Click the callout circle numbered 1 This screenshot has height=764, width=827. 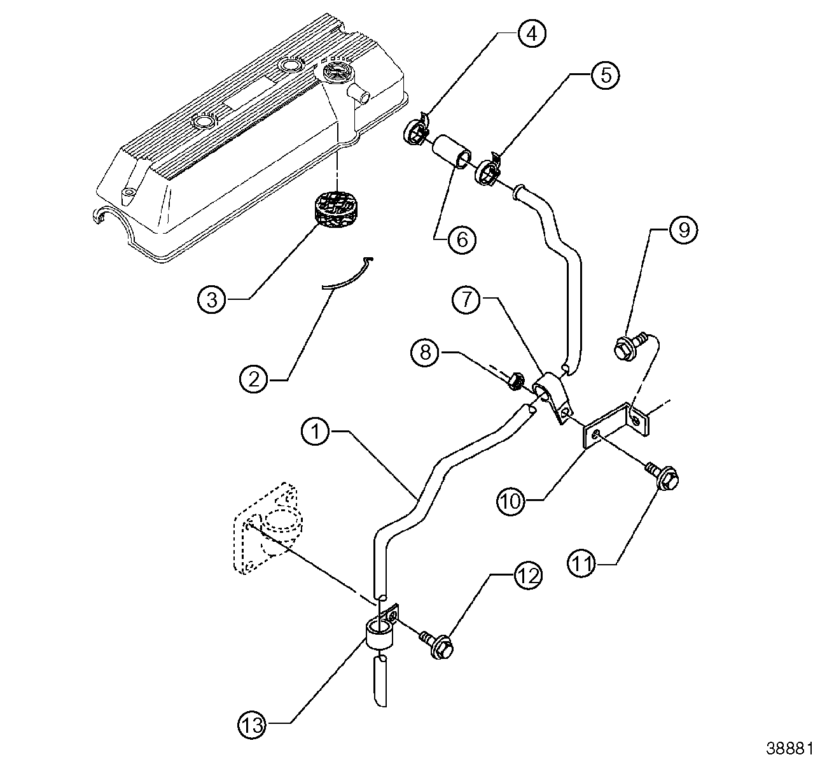tap(316, 432)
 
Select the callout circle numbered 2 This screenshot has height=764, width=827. tap(253, 380)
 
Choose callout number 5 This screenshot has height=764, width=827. tap(605, 74)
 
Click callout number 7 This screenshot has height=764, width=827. tap(468, 301)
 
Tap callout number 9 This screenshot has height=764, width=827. tap(683, 230)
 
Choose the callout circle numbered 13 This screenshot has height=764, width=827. tap(253, 723)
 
